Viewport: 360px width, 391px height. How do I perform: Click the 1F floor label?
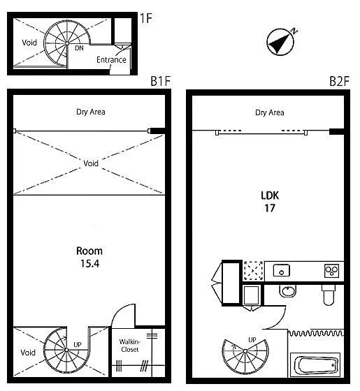coord(146,18)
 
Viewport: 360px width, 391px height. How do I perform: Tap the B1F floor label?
coord(161,81)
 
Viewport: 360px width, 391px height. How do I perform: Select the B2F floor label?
coord(339,81)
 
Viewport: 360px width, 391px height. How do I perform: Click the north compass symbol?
coord(281,42)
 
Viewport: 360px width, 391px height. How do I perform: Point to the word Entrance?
coord(111,60)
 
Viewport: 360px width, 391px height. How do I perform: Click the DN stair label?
coord(79,48)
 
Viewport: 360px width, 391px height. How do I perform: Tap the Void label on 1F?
coord(29,43)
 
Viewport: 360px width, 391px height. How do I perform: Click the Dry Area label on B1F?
coord(91,112)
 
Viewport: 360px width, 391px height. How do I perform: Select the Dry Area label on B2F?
coord(270,112)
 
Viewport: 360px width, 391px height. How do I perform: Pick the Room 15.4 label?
coord(89,257)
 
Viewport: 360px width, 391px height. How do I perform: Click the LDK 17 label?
coord(270,202)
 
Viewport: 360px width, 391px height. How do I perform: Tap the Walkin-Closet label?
coord(129,346)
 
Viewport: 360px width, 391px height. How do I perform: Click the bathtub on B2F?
coord(316,366)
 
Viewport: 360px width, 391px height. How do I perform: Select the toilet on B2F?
coord(329,295)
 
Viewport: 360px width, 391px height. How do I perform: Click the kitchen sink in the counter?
coord(281,270)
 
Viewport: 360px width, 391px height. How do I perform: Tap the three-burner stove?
coord(332,271)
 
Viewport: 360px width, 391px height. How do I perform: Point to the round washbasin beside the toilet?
coord(288,291)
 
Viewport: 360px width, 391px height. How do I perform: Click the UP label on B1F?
coord(78,345)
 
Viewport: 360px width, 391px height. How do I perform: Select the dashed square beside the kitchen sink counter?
coord(253,271)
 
